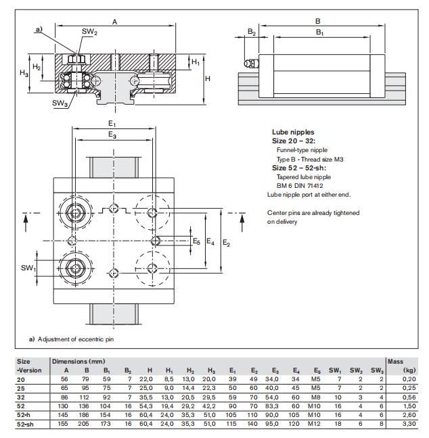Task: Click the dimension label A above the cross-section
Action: click(x=114, y=22)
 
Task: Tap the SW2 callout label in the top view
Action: click(x=89, y=32)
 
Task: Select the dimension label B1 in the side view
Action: click(x=319, y=32)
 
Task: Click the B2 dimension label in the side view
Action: click(x=251, y=32)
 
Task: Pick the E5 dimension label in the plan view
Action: click(x=196, y=241)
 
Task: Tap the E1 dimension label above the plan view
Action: click(x=112, y=124)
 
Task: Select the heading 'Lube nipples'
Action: click(x=293, y=132)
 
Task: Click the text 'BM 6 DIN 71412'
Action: click(x=300, y=185)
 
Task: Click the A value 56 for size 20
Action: click(x=66, y=379)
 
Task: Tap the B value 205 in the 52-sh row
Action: click(x=86, y=423)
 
